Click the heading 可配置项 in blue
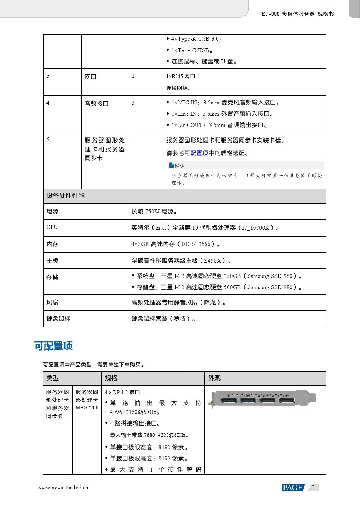pos(53,346)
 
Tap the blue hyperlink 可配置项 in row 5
pos(196,153)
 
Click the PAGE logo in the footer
pos(292,488)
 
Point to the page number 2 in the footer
pos(313,487)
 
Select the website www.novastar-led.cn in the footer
pos(63,488)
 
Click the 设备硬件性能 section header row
pos(65,196)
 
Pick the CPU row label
pos(52,227)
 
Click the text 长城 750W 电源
pos(154,211)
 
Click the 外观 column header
pos(214,378)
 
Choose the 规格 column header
pos(111,378)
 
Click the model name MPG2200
pos(87,407)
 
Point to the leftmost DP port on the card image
pos(228,400)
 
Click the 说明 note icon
pos(172,166)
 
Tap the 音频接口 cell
pos(97,104)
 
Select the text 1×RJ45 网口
pos(181,77)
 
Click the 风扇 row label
pos(52,302)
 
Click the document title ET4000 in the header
pos(270,14)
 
